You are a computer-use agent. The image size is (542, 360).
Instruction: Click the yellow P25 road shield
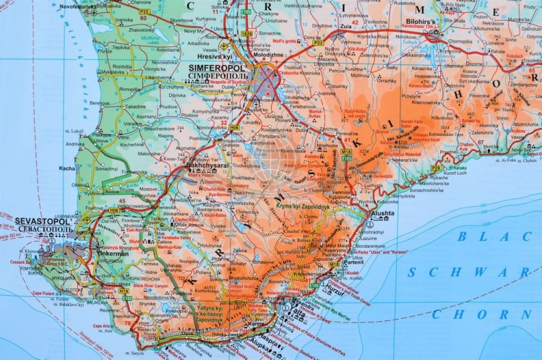pos(144,12)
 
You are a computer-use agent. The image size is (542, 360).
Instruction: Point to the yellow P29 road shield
pos(436,168)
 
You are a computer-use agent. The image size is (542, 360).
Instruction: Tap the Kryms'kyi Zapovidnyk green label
pos(303,207)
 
